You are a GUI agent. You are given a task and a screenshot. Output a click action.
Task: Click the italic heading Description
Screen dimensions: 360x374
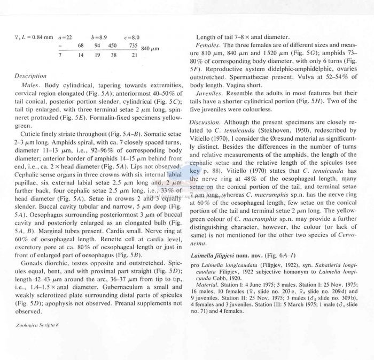[30, 76]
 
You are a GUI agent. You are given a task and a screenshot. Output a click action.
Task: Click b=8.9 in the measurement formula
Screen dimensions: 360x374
[99, 37]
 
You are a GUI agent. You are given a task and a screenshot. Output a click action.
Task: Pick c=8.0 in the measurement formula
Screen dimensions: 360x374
[131, 37]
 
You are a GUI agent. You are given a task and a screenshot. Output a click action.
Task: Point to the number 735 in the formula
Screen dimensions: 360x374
[133, 46]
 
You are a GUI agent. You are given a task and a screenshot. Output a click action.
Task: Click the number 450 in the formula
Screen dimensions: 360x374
[113, 46]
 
